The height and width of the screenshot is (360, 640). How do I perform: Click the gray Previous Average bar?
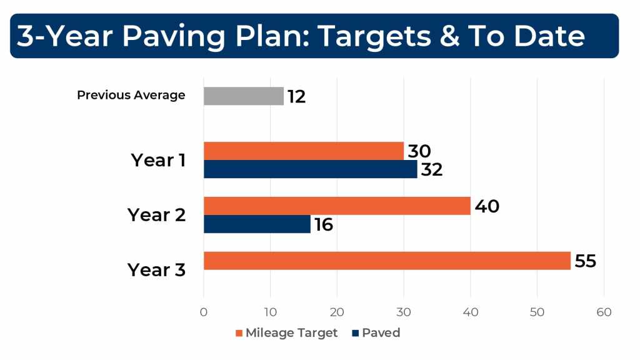[244, 96]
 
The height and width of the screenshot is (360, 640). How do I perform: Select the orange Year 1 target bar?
[304, 151]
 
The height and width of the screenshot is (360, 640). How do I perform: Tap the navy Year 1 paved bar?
[311, 169]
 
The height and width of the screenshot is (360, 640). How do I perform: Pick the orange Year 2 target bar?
[337, 206]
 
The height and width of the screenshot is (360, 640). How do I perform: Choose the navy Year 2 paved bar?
[257, 224]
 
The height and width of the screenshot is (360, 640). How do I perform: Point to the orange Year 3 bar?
[387, 261]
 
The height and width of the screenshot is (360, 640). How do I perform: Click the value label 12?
[297, 97]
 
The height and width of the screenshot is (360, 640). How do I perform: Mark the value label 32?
[432, 170]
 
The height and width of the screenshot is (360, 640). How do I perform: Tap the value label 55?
[586, 261]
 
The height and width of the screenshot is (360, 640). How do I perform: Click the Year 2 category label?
[157, 215]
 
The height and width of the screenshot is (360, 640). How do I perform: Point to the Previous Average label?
[131, 95]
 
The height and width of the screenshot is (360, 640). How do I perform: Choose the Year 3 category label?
[157, 270]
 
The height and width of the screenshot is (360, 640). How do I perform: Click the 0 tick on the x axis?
[204, 312]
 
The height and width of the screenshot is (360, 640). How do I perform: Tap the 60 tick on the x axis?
[604, 312]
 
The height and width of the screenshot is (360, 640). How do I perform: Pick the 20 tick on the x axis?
[337, 312]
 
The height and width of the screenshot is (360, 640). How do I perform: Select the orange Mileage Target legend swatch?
[239, 334]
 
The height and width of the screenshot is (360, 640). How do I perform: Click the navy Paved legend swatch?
[356, 334]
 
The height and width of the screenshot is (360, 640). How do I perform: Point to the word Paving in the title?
[174, 37]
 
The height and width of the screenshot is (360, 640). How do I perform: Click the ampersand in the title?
[450, 36]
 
